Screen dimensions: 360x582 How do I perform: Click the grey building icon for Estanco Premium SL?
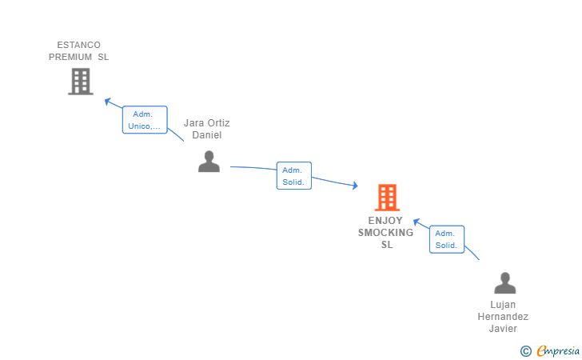point(80,81)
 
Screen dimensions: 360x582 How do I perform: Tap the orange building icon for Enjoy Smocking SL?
point(386,197)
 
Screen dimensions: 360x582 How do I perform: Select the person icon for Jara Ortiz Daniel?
point(209,162)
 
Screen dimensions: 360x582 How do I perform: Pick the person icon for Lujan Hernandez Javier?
point(504,283)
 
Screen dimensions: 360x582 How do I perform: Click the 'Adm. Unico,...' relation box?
point(145,120)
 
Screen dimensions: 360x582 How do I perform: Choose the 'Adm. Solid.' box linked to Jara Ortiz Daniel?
point(293,176)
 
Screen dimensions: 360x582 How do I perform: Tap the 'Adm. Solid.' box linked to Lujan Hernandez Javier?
point(446,239)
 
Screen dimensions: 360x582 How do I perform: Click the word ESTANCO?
point(78,45)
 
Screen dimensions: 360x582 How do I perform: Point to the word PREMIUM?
point(70,57)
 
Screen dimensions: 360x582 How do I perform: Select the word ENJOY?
point(385,221)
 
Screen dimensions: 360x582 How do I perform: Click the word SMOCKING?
point(386,233)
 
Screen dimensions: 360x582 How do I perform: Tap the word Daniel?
point(206,135)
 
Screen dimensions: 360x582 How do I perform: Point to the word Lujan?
point(503,305)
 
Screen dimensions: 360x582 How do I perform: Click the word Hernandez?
point(503,317)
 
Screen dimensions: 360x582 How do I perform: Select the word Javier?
point(503,329)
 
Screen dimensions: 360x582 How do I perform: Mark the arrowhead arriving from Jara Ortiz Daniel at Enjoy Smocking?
point(353,186)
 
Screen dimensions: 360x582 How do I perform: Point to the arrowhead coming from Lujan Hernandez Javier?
point(417,222)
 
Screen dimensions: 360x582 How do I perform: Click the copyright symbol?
point(525,350)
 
